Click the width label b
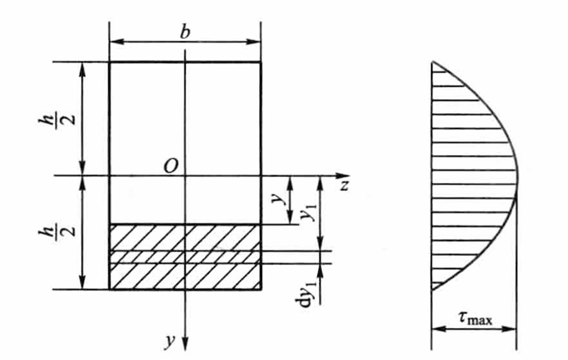click(184, 32)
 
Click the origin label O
click(171, 166)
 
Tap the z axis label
click(344, 185)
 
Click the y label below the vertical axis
click(170, 341)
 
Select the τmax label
click(475, 318)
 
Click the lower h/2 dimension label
click(57, 231)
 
